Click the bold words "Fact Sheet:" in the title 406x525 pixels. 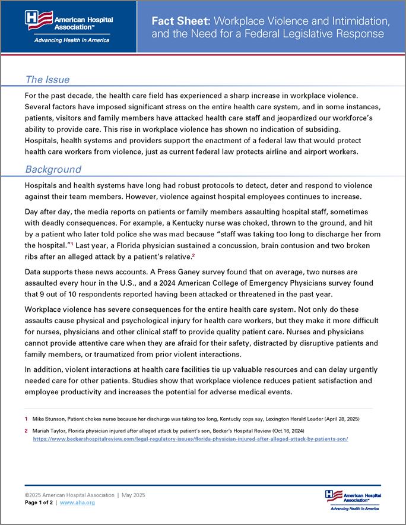(x=180, y=20)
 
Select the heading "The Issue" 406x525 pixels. (x=47, y=80)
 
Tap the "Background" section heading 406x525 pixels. (x=53, y=169)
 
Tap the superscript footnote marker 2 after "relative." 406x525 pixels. (x=210, y=255)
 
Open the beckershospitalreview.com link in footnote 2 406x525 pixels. (x=190, y=439)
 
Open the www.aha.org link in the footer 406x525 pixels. (x=77, y=502)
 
